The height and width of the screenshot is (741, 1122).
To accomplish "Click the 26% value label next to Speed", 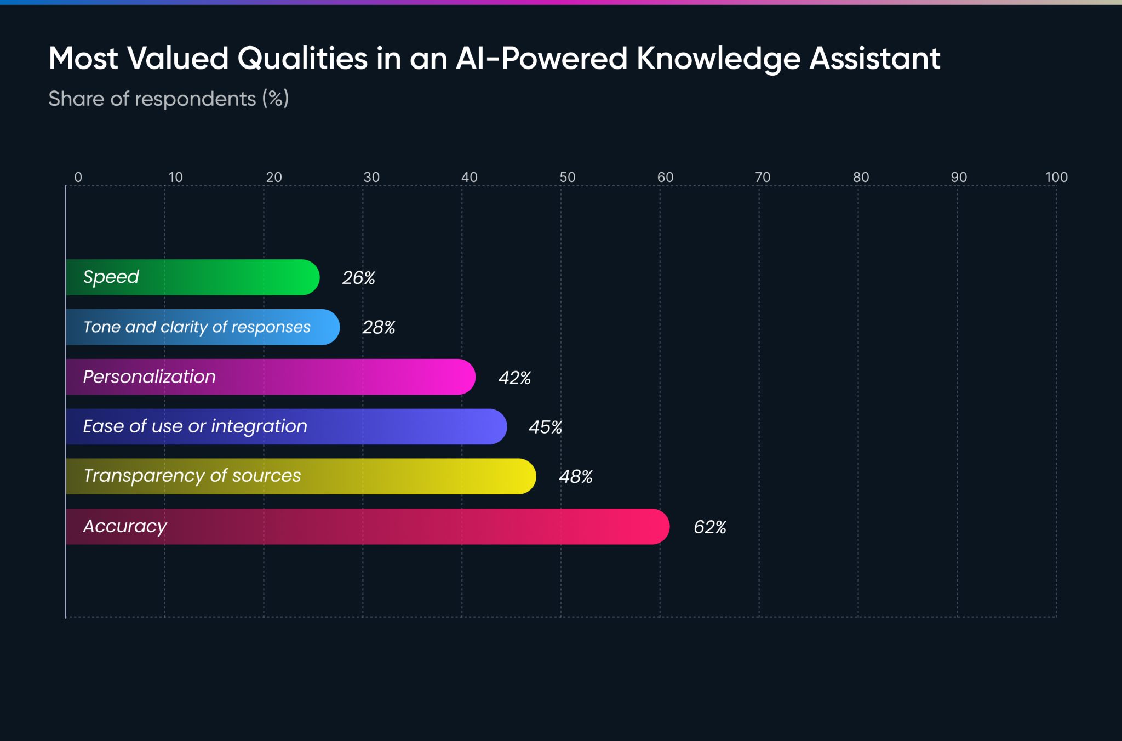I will pyautogui.click(x=358, y=278).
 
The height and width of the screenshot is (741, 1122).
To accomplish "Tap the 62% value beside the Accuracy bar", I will pyautogui.click(x=709, y=527).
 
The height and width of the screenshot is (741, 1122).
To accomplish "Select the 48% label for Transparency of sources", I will pyautogui.click(x=575, y=476).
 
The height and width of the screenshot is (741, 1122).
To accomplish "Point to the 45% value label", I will pyautogui.click(x=545, y=427).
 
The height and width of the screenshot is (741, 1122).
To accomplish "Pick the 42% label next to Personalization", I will pyautogui.click(x=514, y=378).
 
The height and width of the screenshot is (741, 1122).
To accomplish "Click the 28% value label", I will pyautogui.click(x=379, y=327).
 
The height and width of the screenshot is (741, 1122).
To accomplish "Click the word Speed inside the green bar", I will pyautogui.click(x=111, y=277).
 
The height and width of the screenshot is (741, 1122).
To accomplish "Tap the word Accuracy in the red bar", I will pyautogui.click(x=125, y=526).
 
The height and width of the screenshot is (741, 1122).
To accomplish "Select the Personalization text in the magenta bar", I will pyautogui.click(x=149, y=377).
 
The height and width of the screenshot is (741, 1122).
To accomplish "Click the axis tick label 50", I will pyautogui.click(x=567, y=177).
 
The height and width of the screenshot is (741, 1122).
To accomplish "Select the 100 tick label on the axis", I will pyautogui.click(x=1056, y=177).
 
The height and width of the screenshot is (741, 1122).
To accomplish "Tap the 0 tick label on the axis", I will pyautogui.click(x=78, y=177).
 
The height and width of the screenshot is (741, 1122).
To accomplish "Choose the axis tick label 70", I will pyautogui.click(x=763, y=177).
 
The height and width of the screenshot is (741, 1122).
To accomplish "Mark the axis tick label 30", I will pyautogui.click(x=371, y=177).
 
